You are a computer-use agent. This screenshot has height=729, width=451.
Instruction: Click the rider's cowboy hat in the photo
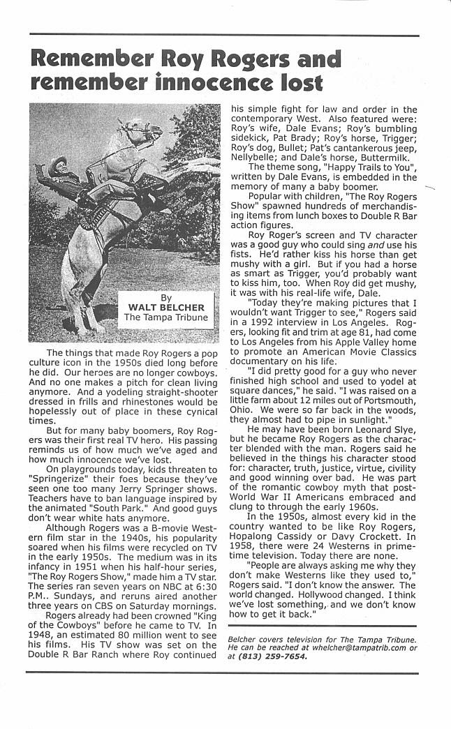click(57, 163)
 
